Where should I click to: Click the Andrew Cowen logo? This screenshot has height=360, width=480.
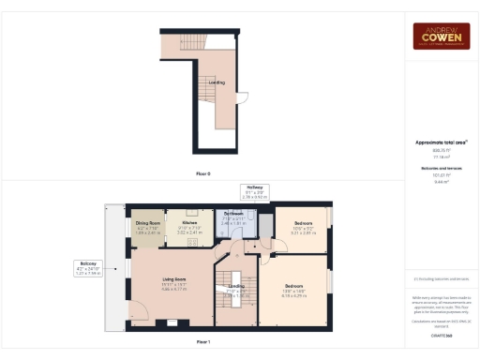click(442, 37)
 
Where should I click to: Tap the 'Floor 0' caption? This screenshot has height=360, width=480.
click(202, 174)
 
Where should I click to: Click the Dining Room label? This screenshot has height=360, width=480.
click(148, 224)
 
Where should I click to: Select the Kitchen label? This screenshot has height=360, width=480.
click(189, 224)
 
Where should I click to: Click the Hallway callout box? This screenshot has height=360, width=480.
click(254, 192)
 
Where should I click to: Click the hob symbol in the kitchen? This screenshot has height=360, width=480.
click(193, 242)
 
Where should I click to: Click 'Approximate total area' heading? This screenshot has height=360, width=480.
click(442, 142)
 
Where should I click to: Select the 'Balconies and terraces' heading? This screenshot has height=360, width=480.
click(442, 167)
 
